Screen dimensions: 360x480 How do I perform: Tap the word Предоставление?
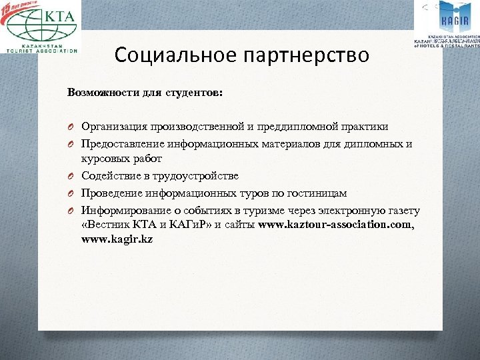click(122, 143)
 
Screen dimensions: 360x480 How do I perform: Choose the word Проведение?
click(111, 193)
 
